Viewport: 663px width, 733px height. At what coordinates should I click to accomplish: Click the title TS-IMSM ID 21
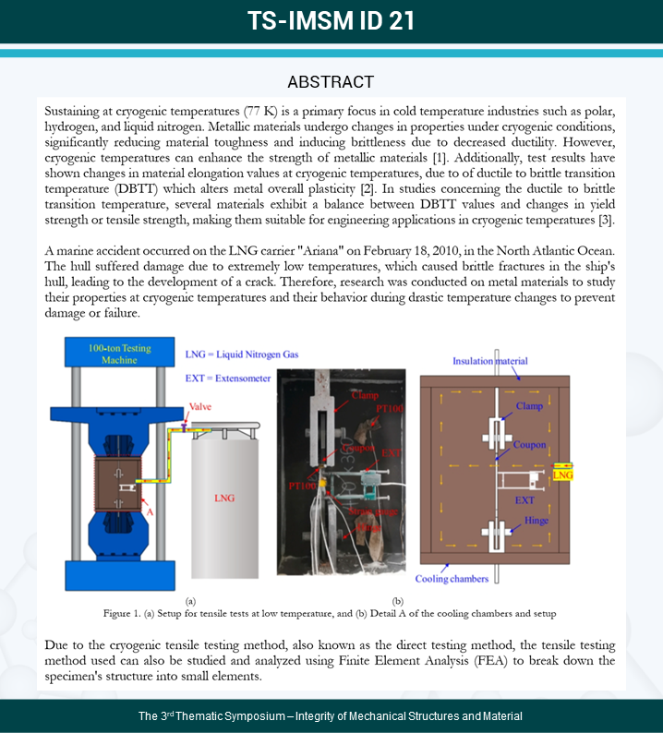coord(331,21)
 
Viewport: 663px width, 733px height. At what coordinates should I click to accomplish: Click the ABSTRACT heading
coord(331,81)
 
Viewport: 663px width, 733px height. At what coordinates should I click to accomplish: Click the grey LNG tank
coord(224,499)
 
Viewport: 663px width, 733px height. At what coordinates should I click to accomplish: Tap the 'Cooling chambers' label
coord(452,580)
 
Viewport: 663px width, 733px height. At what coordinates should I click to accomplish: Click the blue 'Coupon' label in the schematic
coord(530,444)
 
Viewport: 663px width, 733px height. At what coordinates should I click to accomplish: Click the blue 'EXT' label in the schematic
coord(524,499)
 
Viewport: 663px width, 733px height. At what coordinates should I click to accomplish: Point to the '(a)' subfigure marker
coord(190,599)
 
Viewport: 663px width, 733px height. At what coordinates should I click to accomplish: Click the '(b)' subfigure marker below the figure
coord(398,599)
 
